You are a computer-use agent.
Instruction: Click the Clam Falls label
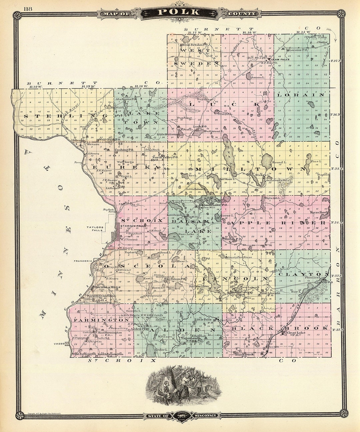[x=282, y=59]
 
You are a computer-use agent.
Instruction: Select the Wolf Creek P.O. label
[x=105, y=139]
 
